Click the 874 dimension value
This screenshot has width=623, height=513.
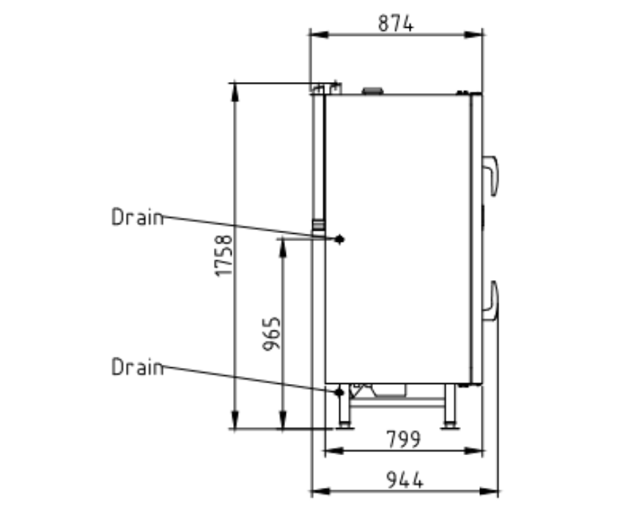[x=396, y=23]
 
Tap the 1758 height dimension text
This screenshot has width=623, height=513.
[x=224, y=256]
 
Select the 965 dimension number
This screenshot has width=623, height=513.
[x=272, y=333]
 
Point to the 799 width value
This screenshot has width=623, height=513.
[x=403, y=439]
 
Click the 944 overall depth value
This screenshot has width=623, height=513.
[x=405, y=479]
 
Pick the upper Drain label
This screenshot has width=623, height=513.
[x=138, y=217]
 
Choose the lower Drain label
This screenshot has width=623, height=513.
[x=138, y=366]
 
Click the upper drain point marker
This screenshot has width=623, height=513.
[x=339, y=239]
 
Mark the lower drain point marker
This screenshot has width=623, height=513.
[x=339, y=393]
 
